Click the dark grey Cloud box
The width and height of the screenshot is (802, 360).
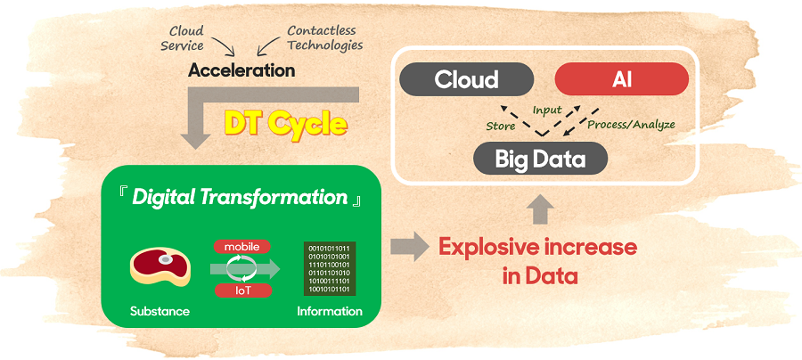[x=466, y=79]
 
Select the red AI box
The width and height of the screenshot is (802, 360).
[x=621, y=79]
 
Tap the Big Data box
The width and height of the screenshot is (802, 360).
[x=540, y=159]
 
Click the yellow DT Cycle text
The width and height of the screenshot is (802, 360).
[x=286, y=123]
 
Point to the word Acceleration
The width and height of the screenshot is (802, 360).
[x=241, y=70]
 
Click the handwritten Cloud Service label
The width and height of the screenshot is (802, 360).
[x=183, y=38]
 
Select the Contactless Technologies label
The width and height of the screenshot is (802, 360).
[x=324, y=37]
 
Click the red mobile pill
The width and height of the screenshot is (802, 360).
[x=242, y=247]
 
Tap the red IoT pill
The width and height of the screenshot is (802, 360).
[x=242, y=290]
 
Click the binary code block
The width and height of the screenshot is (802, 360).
[x=330, y=268]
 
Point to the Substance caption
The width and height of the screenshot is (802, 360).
[x=160, y=311]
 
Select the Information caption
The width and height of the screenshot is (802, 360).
[x=330, y=311]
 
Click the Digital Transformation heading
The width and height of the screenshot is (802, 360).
[x=241, y=198]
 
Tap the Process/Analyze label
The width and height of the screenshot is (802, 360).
[x=631, y=124]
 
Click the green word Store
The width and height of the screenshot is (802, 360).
[x=500, y=126]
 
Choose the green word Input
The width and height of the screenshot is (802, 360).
[x=547, y=110]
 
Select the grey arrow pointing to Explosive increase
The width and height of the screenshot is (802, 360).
[x=409, y=246]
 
